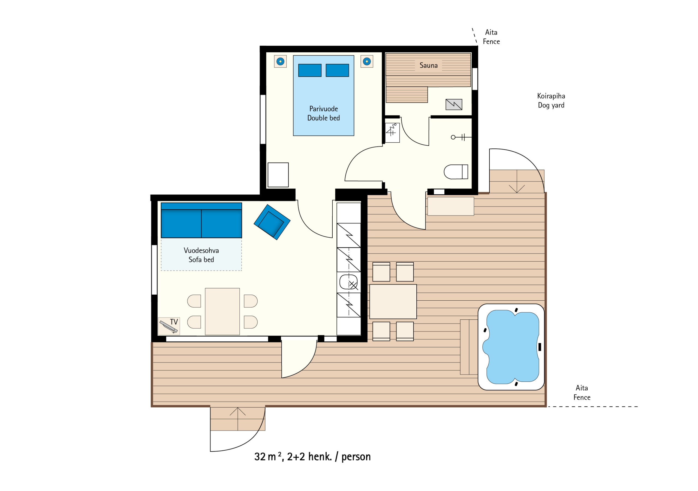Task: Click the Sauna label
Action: (x=428, y=65)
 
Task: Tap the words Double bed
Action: (x=323, y=118)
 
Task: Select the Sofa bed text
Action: (x=201, y=259)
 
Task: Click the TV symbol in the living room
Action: (x=169, y=326)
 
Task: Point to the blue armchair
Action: (x=272, y=222)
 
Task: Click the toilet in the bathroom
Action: (x=456, y=172)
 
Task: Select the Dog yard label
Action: (x=551, y=105)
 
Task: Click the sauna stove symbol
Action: (x=454, y=104)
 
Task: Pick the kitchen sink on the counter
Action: (x=348, y=282)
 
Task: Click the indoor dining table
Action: (x=222, y=312)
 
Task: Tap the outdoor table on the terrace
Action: (x=393, y=301)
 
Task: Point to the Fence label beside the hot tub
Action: (x=582, y=397)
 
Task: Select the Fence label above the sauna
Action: (x=491, y=42)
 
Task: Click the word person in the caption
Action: (x=356, y=457)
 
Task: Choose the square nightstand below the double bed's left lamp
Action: (x=278, y=175)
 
